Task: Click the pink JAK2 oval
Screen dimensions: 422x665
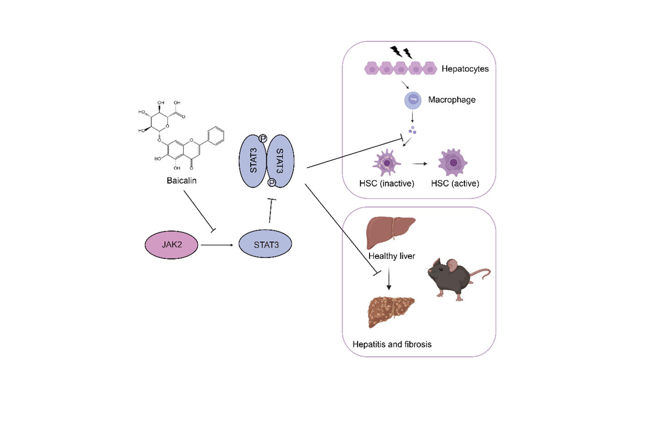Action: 172,245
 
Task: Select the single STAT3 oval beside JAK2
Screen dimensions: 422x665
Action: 266,245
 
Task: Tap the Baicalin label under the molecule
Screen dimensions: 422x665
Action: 182,181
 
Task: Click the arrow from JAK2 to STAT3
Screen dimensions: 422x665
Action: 217,245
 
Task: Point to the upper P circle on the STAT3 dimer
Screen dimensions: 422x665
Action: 263,139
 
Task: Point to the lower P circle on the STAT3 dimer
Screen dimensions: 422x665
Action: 271,183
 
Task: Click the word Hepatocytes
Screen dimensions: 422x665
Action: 465,69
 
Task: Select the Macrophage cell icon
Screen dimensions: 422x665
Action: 413,100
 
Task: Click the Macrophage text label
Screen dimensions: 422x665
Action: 452,100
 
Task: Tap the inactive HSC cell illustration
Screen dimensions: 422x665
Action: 387,163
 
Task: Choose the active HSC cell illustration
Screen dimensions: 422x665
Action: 453,163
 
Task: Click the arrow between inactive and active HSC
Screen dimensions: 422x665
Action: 419,164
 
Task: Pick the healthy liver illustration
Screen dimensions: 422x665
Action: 390,231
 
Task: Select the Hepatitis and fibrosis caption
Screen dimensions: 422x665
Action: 392,344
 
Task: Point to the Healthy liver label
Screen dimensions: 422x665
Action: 392,256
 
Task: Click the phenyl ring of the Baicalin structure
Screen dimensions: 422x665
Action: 216,136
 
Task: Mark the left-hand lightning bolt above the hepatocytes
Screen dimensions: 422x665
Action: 396,50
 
